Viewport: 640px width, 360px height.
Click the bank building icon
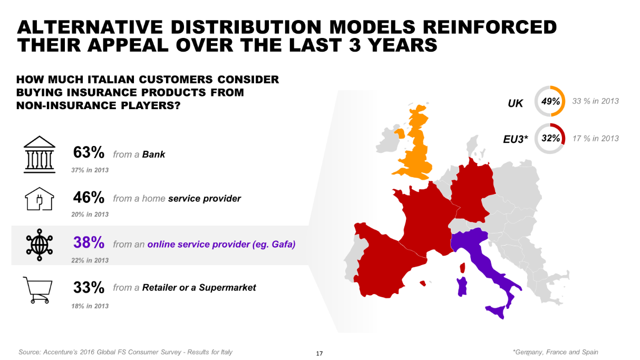[x=40, y=154]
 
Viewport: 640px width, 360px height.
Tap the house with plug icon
[x=40, y=199]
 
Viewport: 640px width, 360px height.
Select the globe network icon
[x=40, y=245]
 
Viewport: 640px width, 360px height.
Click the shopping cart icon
[x=38, y=290]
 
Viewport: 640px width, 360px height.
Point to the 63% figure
[x=89, y=152]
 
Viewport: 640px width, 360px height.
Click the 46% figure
[x=89, y=197]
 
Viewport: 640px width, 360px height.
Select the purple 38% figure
[x=89, y=242]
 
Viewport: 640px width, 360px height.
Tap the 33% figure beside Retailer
[x=89, y=287]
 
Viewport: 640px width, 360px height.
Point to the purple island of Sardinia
[x=462, y=286]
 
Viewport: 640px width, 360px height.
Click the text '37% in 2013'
[x=90, y=170]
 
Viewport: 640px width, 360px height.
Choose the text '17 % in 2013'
[x=595, y=139]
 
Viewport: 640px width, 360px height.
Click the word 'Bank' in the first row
[x=153, y=154]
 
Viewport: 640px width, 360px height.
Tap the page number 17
[x=319, y=354]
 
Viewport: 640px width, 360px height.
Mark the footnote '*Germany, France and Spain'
[x=556, y=352]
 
